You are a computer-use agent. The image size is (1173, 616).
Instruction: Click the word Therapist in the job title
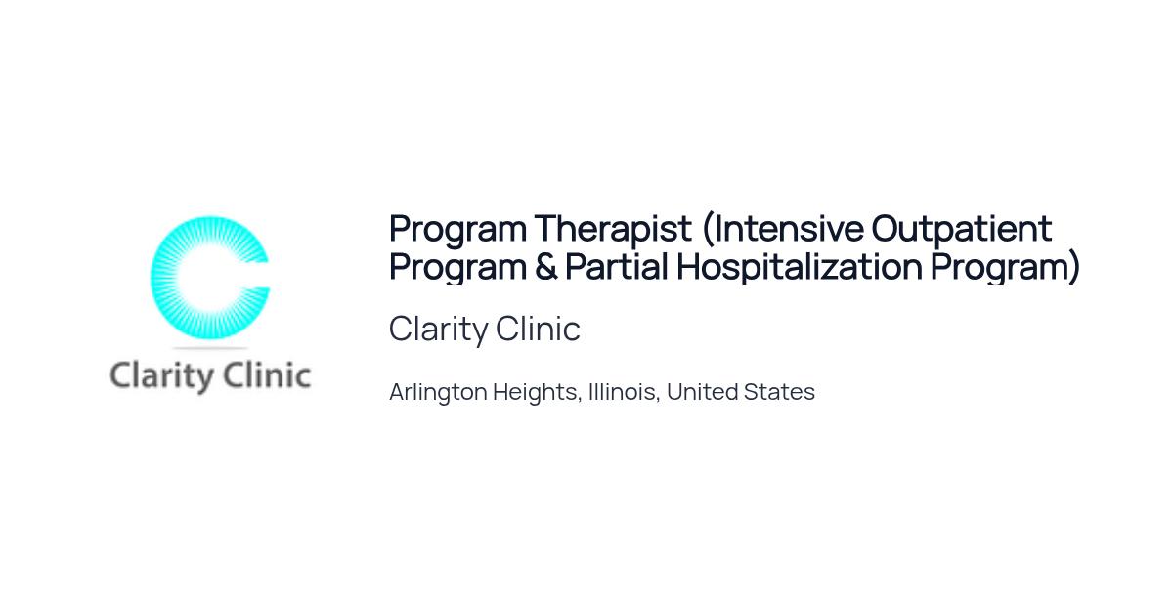point(613,229)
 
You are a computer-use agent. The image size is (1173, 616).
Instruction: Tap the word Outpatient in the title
point(962,229)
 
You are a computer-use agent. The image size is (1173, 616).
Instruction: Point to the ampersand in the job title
point(545,266)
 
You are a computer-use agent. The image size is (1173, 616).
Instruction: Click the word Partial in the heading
point(617,266)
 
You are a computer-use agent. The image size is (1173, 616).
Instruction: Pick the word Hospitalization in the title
point(800,267)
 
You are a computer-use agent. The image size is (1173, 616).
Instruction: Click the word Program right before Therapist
point(457,230)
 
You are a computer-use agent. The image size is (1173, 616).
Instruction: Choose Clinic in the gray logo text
point(267,375)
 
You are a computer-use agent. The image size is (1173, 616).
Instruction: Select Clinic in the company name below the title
point(538,329)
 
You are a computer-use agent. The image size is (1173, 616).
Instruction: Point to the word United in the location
point(701,392)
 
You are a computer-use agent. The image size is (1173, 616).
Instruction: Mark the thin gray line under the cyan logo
point(210,348)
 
